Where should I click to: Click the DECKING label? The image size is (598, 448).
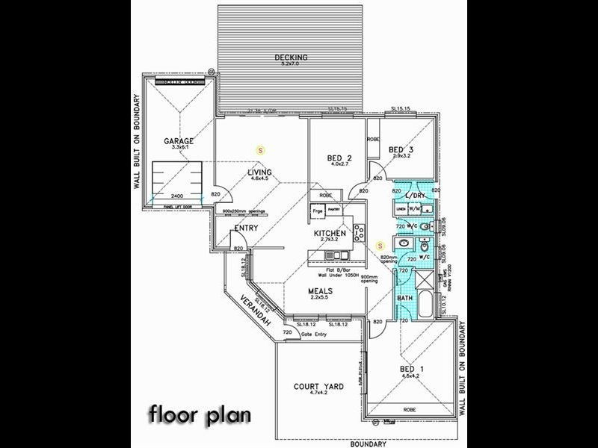(289, 57)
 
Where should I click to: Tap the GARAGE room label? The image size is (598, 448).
(179, 140)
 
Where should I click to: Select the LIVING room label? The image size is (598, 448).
(261, 172)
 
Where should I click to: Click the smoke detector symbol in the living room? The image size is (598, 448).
(260, 149)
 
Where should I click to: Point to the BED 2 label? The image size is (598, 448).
(340, 158)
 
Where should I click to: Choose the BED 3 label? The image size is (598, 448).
(401, 150)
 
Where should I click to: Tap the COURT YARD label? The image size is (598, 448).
(318, 386)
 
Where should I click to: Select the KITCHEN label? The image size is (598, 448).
(329, 234)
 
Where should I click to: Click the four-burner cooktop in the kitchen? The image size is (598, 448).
(359, 231)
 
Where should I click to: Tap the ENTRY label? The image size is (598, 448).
(247, 228)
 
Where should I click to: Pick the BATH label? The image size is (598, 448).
(404, 299)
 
